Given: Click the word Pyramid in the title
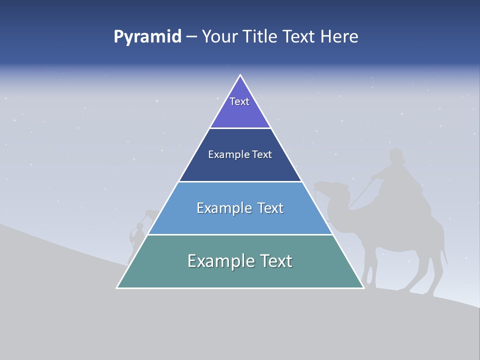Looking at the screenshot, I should tap(147, 36).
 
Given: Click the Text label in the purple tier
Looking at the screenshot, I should tap(239, 101).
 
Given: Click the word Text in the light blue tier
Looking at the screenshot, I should tap(270, 208).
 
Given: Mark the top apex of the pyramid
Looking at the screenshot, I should tap(240, 75).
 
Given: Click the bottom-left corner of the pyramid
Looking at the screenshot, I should tap(117, 287).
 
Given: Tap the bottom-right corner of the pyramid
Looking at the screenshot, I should tap(363, 287).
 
